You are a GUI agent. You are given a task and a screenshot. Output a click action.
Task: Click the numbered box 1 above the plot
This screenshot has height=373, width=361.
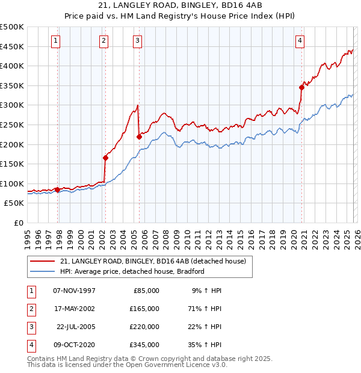point(55,41)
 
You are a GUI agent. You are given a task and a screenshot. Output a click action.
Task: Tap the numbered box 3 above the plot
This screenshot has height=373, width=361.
point(138,41)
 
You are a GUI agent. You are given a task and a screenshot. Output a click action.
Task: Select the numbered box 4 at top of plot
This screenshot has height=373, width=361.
point(300,41)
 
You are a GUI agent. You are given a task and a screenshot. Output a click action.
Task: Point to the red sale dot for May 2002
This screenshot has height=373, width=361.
point(105,158)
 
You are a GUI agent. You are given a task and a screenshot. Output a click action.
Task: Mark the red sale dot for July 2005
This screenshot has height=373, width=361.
point(139,137)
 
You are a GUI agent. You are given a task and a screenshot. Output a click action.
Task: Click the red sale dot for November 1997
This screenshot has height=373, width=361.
point(58,190)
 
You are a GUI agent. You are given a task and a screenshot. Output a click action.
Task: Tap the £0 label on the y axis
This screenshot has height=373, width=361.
point(18,223)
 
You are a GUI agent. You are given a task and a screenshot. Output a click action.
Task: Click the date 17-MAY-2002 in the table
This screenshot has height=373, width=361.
point(74,308)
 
